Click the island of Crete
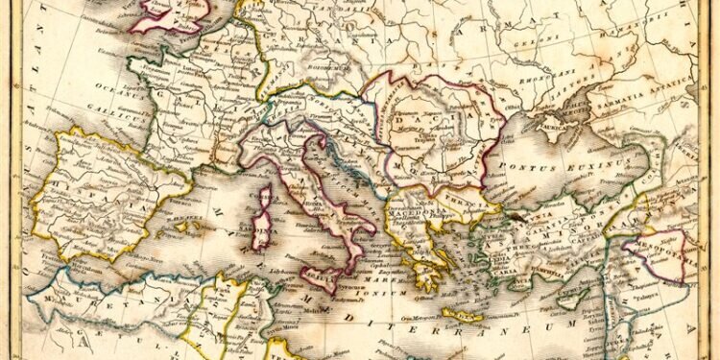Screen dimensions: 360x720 pyautogui.click(x=462, y=313)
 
